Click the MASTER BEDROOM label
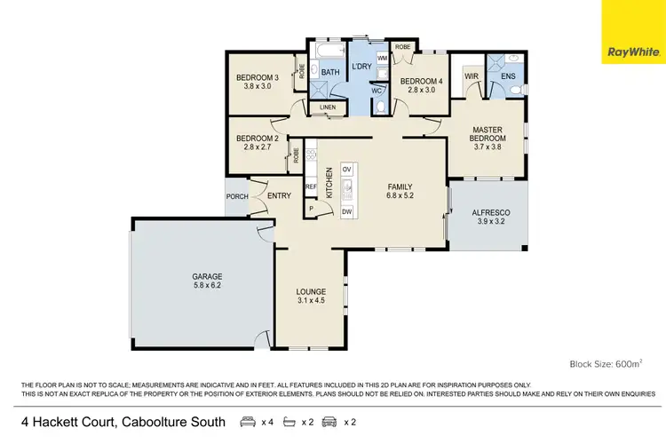point(488,134)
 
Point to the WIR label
point(472,77)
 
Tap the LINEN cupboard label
point(328,108)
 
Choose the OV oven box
point(347,169)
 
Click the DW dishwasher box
point(347,210)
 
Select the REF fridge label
point(311,186)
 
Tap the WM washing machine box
point(381,58)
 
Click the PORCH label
point(237,197)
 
